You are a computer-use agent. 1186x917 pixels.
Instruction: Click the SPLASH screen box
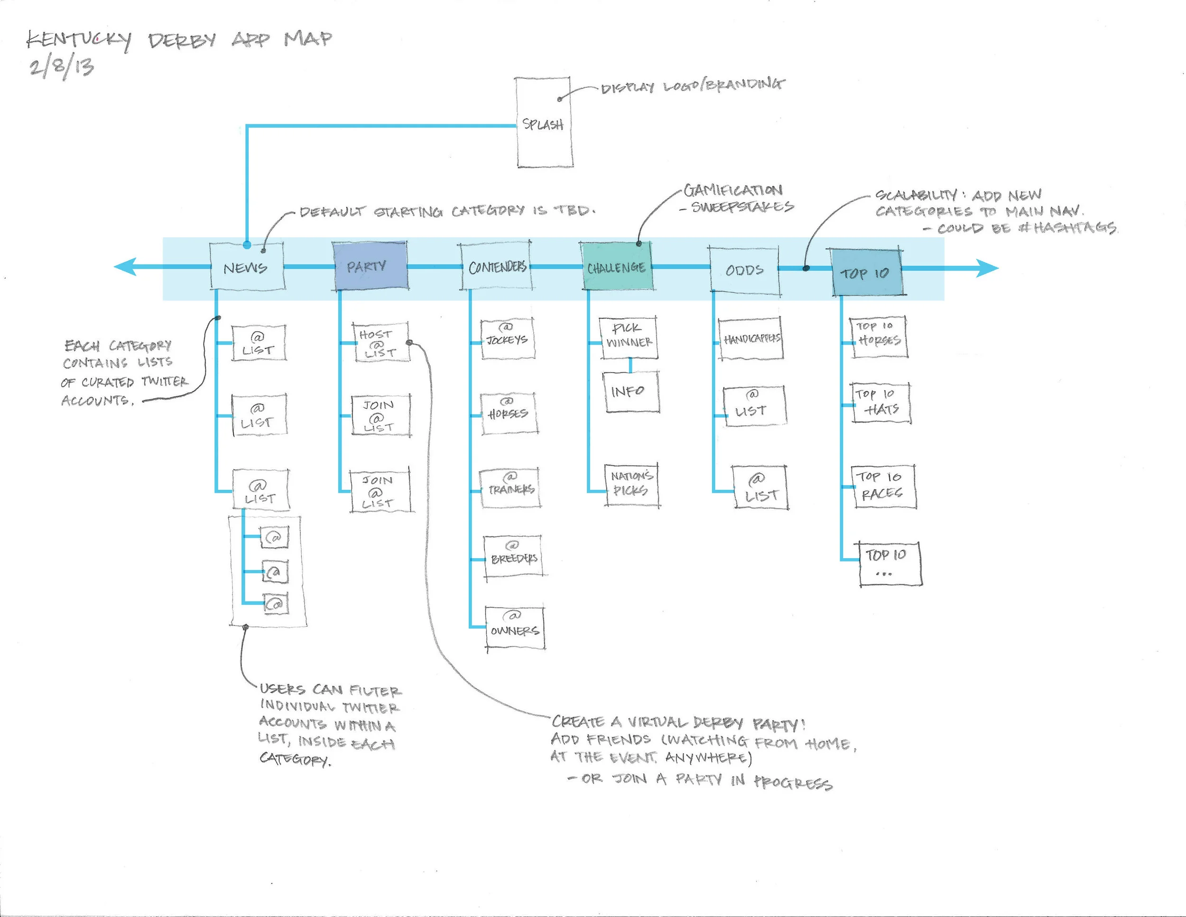point(544,122)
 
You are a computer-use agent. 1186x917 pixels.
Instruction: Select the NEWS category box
point(247,267)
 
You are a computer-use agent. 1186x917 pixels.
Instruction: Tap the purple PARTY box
point(370,266)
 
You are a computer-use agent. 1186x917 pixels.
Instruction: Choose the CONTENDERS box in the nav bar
point(496,266)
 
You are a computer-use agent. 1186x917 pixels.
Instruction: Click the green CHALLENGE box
point(616,266)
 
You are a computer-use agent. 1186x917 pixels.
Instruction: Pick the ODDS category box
point(744,270)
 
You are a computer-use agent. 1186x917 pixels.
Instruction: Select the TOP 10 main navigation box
point(867,272)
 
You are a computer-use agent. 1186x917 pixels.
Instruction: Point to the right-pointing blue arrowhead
point(987,268)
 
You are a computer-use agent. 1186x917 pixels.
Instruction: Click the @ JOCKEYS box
point(507,338)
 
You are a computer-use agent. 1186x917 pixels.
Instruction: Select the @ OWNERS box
point(515,628)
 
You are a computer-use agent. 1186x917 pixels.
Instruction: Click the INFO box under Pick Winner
point(630,392)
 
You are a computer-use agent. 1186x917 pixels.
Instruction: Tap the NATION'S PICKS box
point(631,484)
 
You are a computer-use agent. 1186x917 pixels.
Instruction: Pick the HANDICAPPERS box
point(751,338)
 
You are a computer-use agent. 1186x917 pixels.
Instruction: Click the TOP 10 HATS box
point(880,402)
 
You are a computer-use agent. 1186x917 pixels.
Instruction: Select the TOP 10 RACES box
point(884,486)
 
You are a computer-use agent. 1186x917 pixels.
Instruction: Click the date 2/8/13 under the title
point(62,67)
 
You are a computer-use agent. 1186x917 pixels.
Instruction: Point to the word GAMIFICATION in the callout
point(732,190)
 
